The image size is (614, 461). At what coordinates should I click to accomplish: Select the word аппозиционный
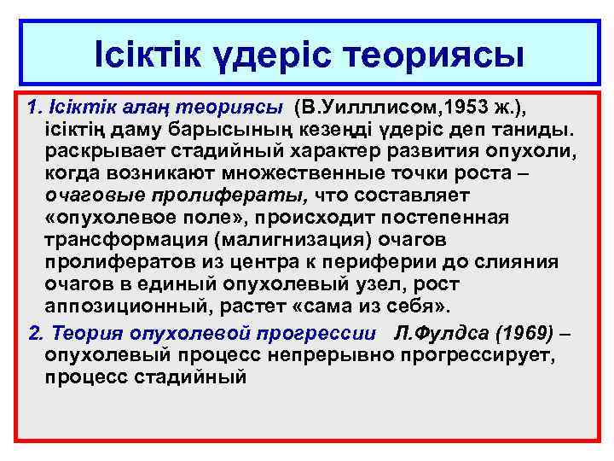click(115, 306)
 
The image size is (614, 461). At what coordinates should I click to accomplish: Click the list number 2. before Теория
click(35, 332)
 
